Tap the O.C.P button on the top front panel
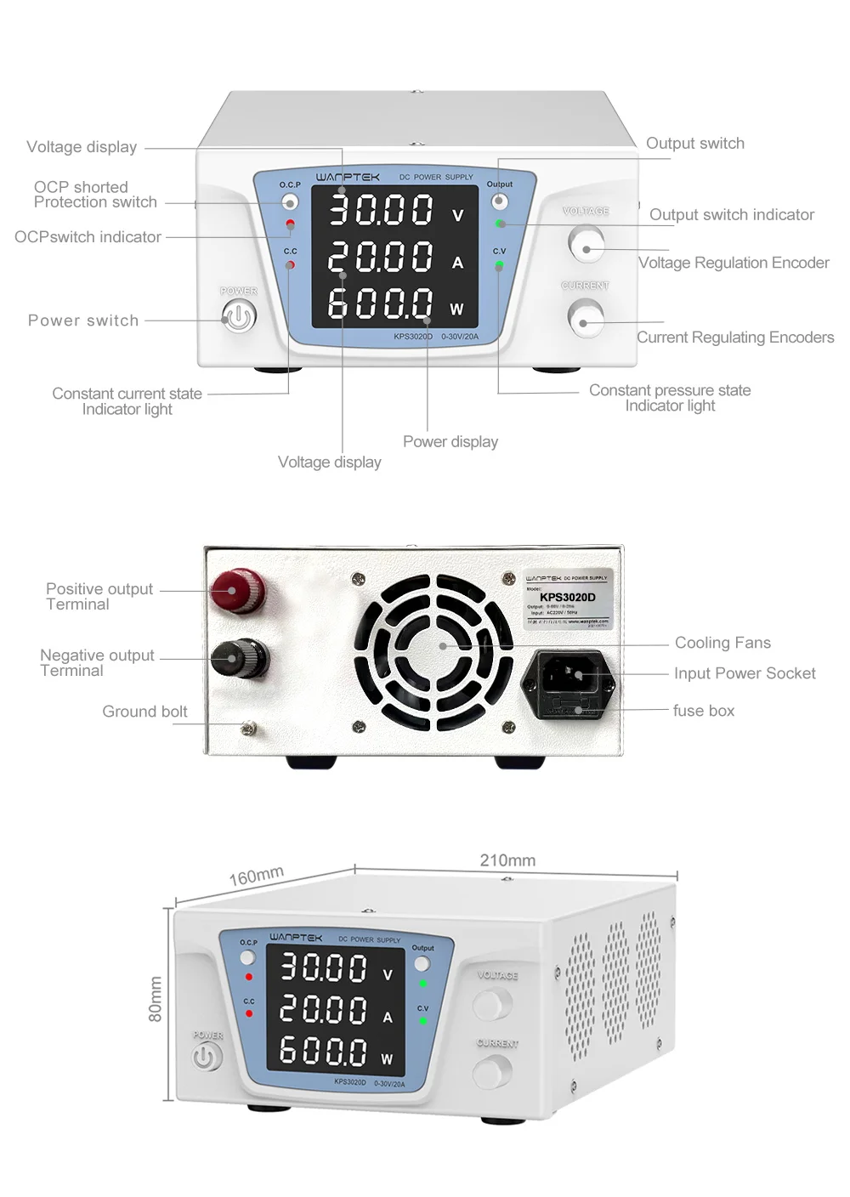coord(290,202)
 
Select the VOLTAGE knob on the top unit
coord(585,245)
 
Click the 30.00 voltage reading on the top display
coord(381,210)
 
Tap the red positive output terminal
coord(237,589)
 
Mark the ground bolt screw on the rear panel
coord(249,728)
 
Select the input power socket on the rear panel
coord(566,675)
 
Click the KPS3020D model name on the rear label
coord(567,597)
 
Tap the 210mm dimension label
coord(507,860)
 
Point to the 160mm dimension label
coord(256,876)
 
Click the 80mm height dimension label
coord(156,999)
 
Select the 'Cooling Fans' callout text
coord(722,643)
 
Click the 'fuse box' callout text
coord(704,711)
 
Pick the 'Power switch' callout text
coord(83,321)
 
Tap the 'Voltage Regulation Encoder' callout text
coord(734,263)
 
